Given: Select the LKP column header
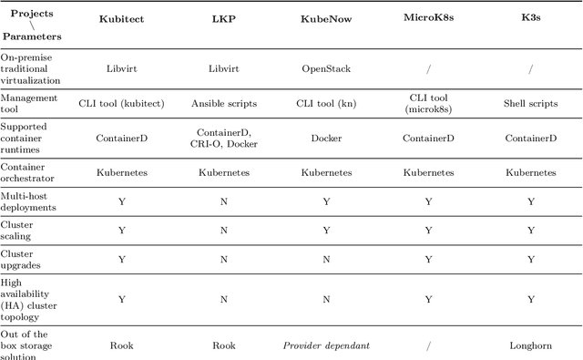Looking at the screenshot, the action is (x=223, y=17).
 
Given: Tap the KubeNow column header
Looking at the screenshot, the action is (x=325, y=17).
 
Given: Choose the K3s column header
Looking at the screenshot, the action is (x=530, y=17).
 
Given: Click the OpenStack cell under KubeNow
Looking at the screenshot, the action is (x=325, y=67).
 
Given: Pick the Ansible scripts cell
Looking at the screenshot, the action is (x=223, y=103).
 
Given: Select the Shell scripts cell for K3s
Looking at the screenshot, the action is (x=530, y=103).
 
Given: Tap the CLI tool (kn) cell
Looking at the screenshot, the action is (x=325, y=103).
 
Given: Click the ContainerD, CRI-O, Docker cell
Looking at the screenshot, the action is (x=223, y=138).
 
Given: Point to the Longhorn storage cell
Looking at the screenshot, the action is (x=530, y=345).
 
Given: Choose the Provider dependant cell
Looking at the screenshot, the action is (x=325, y=345).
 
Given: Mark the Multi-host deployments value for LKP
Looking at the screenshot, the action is (x=223, y=201).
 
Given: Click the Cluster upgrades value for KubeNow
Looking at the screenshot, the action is (x=325, y=259).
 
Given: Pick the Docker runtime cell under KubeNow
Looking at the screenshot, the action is (x=325, y=138).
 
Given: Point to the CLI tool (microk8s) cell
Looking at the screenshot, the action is (x=428, y=103).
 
